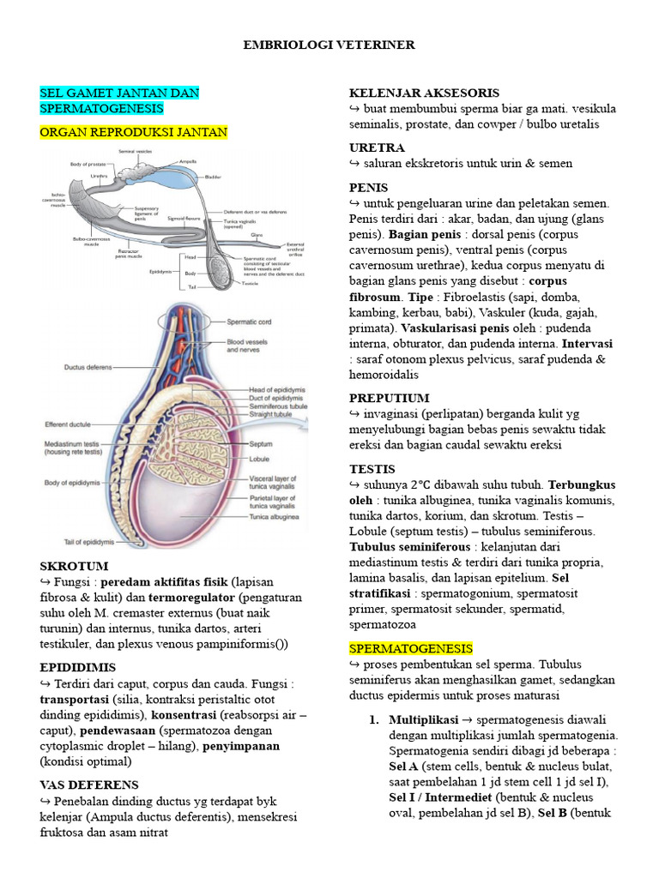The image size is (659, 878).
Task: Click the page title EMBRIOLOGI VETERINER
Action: [x=329, y=45]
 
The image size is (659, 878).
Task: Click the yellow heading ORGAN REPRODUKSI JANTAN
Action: [x=134, y=132]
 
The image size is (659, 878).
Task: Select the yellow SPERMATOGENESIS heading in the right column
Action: [x=410, y=647]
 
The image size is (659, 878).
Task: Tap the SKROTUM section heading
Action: [x=74, y=566]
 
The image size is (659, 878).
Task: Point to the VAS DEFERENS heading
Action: [x=89, y=785]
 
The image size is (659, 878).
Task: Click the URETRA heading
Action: [x=377, y=147]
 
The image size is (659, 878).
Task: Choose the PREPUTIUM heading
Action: [x=389, y=398]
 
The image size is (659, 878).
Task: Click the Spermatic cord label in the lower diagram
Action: [x=248, y=322]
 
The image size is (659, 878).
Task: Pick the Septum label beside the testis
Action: [x=260, y=445]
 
